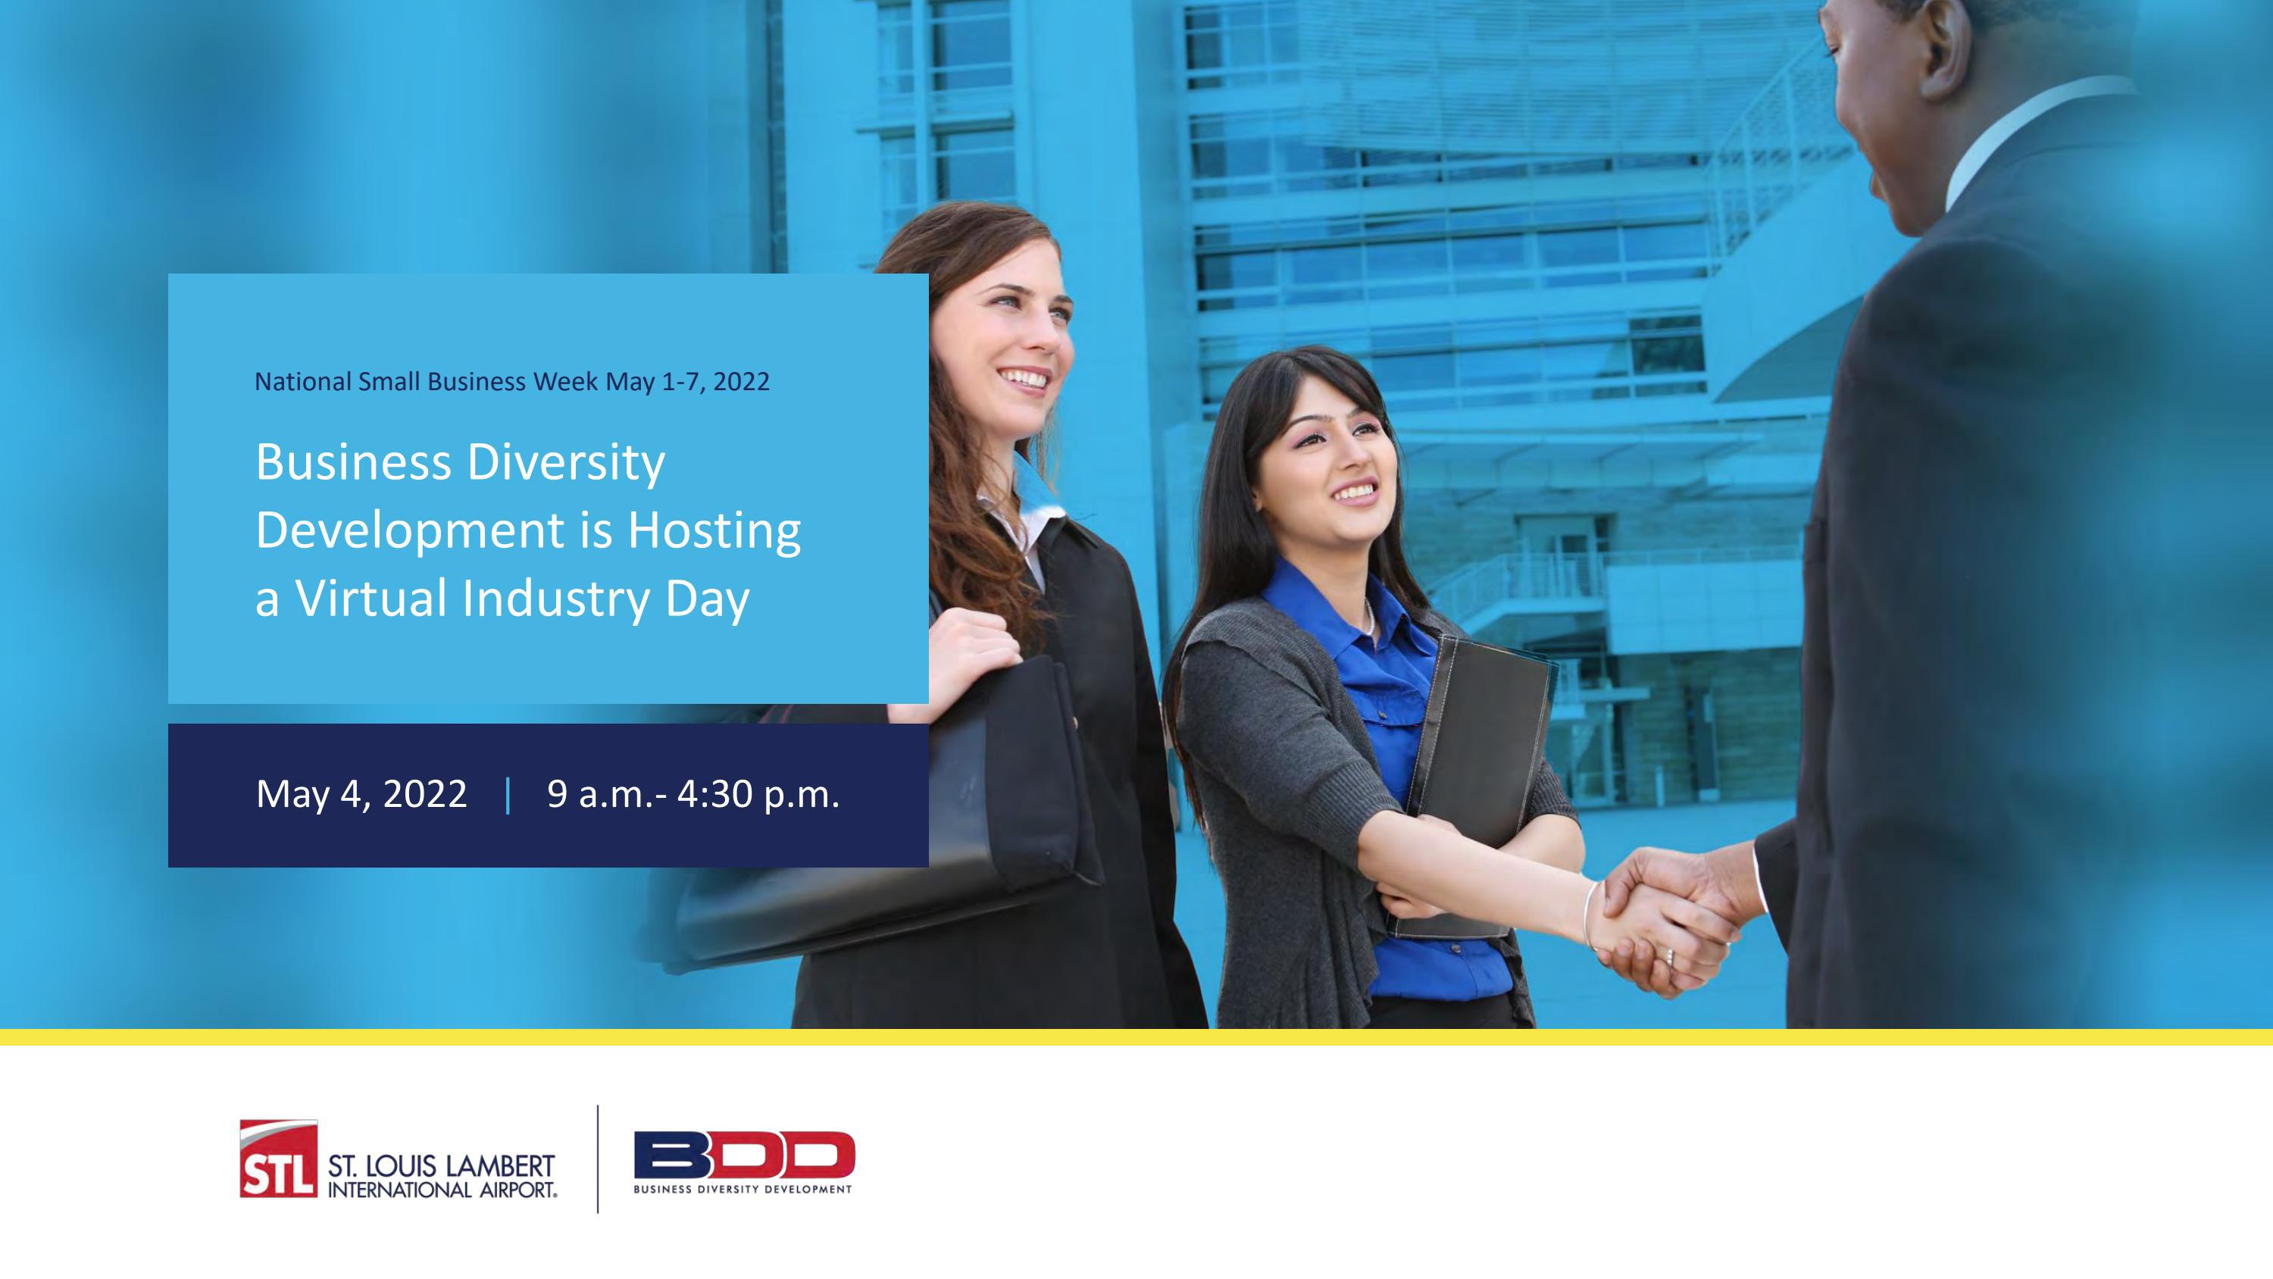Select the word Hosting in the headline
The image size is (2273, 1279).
click(x=714, y=530)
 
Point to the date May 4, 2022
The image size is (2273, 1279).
click(x=361, y=794)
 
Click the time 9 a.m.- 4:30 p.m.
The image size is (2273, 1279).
click(x=693, y=794)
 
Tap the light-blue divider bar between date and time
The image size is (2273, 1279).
click(x=508, y=794)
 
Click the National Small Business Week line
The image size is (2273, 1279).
click(x=511, y=381)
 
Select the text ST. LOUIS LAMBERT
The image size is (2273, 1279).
click(x=441, y=1167)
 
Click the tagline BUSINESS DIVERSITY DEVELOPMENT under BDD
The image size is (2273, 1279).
click(x=743, y=1189)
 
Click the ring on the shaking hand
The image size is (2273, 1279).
click(x=1668, y=956)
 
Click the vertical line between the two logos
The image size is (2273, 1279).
click(x=597, y=1158)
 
